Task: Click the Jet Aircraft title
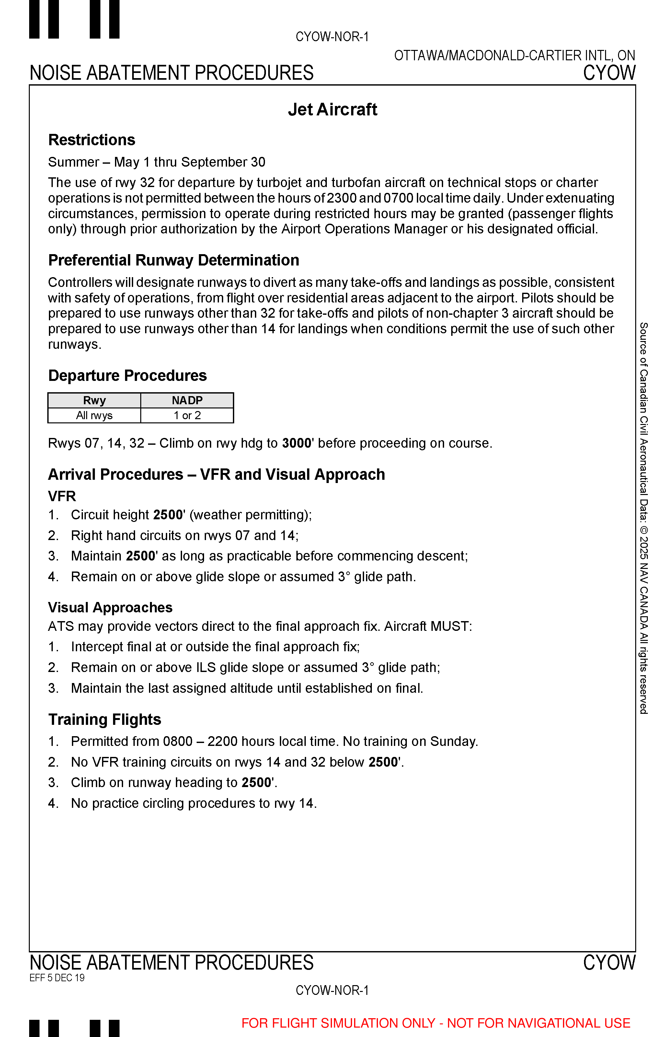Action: [332, 110]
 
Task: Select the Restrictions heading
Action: [92, 140]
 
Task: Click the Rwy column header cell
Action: [94, 401]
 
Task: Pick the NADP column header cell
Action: [187, 401]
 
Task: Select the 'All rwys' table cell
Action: [94, 416]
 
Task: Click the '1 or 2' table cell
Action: [187, 416]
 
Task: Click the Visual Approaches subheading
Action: [110, 607]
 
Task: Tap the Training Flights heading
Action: [105, 719]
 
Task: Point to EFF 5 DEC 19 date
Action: [57, 978]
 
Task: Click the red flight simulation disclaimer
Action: [436, 1023]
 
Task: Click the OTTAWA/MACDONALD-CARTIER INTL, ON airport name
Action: [514, 56]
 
